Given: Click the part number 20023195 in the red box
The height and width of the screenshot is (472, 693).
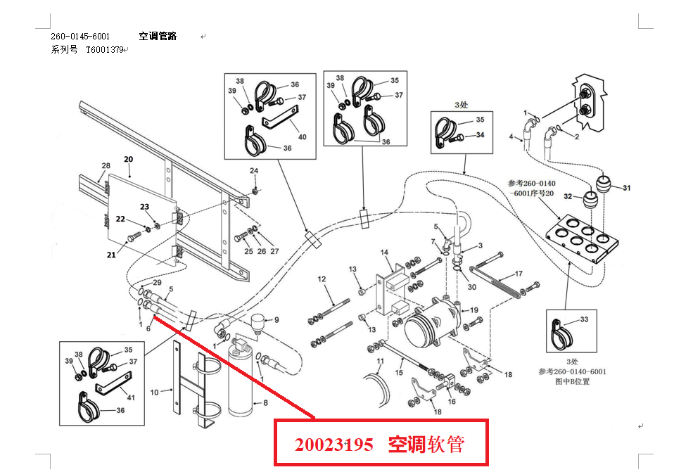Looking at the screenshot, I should point(334,445).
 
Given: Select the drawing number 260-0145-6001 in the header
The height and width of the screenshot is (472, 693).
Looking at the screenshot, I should point(80,36).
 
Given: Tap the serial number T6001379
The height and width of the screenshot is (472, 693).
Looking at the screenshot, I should point(105,50).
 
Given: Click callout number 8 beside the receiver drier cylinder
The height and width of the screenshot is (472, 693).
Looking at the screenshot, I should point(265,404).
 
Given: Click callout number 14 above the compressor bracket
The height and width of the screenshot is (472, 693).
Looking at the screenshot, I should point(385,252).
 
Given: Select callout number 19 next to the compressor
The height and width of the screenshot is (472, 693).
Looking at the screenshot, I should point(474,310).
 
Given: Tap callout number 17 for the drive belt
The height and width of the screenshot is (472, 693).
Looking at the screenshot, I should point(519,274).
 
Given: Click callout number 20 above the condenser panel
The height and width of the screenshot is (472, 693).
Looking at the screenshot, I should point(128,159).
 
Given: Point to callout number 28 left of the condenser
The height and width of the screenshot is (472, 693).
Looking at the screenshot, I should point(106,166).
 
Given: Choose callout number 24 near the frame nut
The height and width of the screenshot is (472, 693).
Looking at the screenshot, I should point(254,171).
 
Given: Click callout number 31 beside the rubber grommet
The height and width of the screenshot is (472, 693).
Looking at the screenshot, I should point(627,187).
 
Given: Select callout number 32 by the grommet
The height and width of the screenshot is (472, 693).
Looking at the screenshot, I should point(567,197).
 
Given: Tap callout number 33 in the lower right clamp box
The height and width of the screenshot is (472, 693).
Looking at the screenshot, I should point(585,319).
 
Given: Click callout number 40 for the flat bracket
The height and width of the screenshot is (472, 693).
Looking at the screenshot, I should point(303,137).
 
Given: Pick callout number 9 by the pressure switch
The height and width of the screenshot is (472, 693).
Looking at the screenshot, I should point(276,320).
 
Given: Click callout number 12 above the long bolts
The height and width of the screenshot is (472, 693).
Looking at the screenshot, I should point(322,279).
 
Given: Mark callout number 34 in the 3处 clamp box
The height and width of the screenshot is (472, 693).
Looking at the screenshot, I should point(481,135).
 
